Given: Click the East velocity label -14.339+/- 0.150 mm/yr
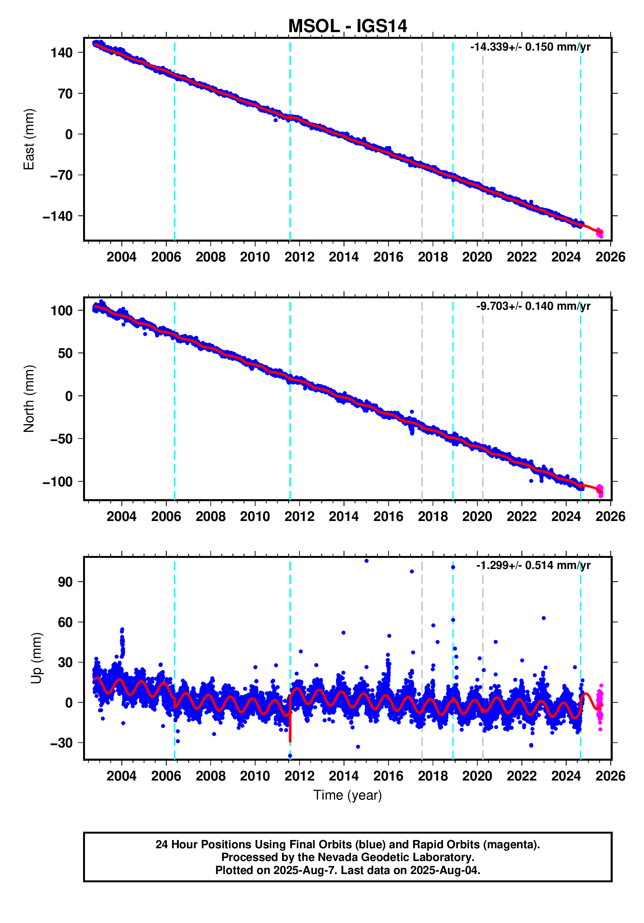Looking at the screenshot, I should click(530, 47).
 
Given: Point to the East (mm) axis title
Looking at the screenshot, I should click(29, 139).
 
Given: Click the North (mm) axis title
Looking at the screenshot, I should click(29, 399).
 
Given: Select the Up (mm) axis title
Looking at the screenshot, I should click(36, 658).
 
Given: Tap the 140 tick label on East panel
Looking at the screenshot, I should click(61, 53).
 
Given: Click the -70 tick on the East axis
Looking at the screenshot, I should click(61, 175).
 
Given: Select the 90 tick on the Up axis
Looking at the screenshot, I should click(65, 582).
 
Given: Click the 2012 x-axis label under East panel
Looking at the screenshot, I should click(299, 257).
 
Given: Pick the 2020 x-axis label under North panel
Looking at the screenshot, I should click(477, 516).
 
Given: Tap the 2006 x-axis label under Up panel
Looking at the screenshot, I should click(166, 775).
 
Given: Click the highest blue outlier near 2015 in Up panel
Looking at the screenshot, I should click(366, 561).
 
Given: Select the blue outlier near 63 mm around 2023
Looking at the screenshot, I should click(543, 618).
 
